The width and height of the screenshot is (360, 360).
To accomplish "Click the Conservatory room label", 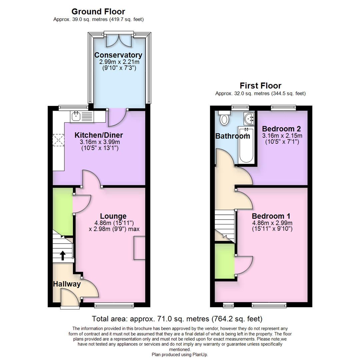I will (118, 55).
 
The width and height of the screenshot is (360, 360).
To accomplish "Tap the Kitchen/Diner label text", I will (99, 135).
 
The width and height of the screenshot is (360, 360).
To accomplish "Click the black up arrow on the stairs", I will (63, 256).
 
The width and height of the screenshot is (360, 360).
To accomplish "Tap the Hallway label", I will (67, 284).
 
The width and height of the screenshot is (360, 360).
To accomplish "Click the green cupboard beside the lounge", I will (63, 212).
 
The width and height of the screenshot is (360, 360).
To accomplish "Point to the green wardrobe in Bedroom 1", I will (225, 261).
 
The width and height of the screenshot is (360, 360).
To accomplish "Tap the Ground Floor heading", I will (98, 12).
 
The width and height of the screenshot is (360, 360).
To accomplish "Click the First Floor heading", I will (260, 86).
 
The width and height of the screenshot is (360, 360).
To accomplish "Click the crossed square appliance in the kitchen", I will (58, 140).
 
